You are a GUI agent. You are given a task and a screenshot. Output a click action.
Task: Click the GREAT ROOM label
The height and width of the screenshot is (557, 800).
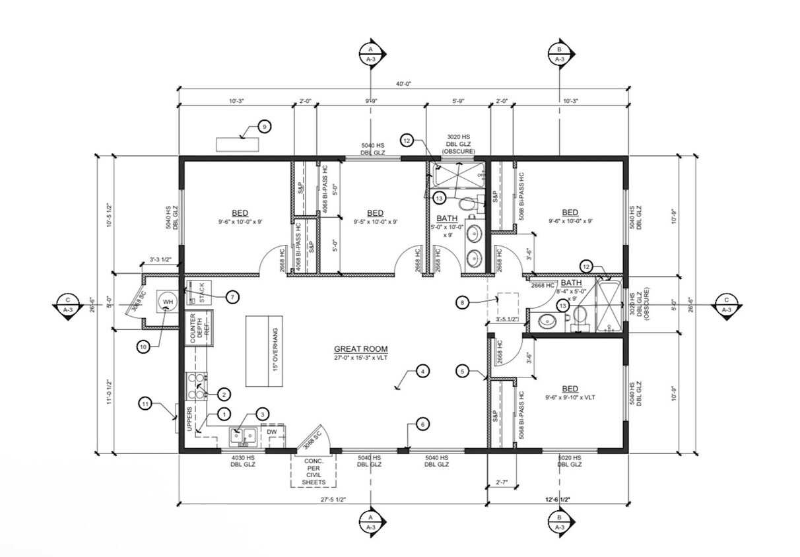click(x=360, y=349)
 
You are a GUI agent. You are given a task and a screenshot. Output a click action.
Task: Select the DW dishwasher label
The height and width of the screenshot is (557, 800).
click(x=272, y=432)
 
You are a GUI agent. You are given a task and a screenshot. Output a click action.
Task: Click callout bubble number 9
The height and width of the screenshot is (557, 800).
click(x=263, y=127)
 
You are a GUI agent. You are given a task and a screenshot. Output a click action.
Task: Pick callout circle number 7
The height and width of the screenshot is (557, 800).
click(x=232, y=297)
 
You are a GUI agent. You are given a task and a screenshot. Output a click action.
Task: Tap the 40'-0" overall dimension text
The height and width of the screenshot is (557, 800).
click(x=403, y=84)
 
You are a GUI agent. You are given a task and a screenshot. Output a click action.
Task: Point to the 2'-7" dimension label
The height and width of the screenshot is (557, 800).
click(x=502, y=483)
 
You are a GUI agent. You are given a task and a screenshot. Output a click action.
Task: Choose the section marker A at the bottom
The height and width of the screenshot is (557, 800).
click(x=371, y=521)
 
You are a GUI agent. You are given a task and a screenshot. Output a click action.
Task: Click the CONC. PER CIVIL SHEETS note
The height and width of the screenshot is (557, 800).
click(x=314, y=471)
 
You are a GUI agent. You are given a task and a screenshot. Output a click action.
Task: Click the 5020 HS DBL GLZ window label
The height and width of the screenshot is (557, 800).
click(x=568, y=461)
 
